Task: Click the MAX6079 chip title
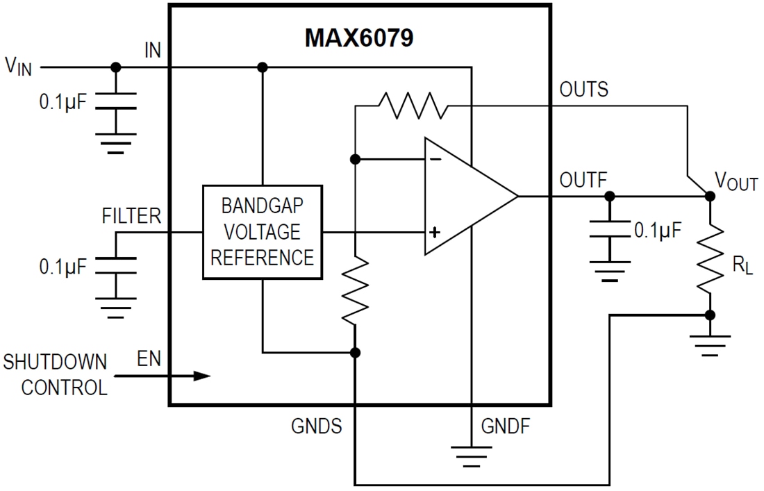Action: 359,37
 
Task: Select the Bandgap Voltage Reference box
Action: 262,232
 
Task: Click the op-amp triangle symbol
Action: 465,196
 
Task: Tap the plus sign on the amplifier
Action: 434,232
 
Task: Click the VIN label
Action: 18,67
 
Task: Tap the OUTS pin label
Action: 583,90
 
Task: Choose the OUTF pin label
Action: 583,181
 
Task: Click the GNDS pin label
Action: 316,426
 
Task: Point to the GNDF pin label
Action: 505,426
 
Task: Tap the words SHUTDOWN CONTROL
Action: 56,374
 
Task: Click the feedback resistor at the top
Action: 413,106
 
